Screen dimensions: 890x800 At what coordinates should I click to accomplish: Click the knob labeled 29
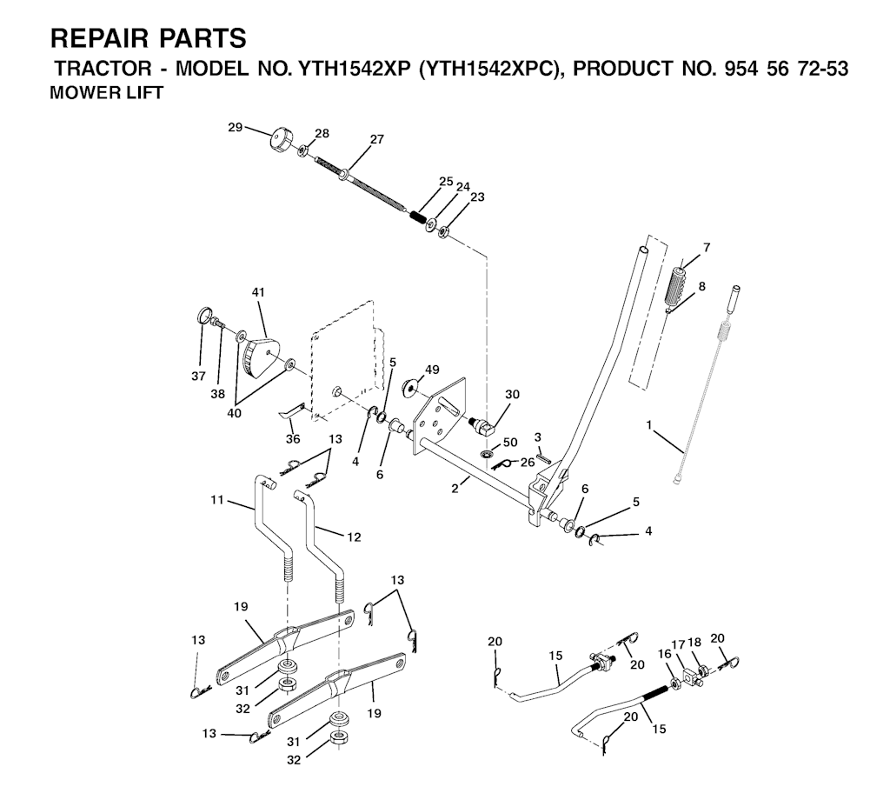281,141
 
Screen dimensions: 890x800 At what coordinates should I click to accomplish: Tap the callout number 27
377,139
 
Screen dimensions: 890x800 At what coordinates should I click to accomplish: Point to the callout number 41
258,292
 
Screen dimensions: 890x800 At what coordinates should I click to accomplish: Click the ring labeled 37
205,316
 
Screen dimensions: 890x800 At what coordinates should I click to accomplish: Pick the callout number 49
432,370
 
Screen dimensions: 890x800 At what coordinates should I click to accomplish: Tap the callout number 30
512,394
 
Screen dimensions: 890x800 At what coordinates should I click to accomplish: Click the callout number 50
510,443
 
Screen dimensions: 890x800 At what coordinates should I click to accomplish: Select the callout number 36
293,439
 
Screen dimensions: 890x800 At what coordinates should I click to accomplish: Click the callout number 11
217,500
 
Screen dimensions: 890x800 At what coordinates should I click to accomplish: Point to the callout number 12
354,537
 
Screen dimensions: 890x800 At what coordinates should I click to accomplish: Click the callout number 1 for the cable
648,424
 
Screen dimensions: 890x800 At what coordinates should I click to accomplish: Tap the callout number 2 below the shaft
455,488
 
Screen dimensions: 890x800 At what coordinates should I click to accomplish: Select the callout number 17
678,645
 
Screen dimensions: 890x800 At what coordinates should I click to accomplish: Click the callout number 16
663,654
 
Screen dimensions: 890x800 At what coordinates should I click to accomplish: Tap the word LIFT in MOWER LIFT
142,92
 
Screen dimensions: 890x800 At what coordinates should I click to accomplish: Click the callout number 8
702,286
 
